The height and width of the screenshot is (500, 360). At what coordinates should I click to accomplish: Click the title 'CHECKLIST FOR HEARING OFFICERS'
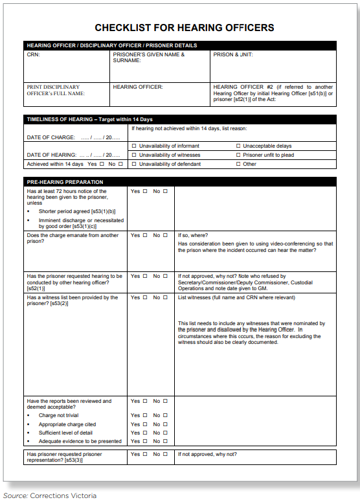click(x=185, y=28)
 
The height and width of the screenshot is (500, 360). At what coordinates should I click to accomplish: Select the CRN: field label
click(x=33, y=55)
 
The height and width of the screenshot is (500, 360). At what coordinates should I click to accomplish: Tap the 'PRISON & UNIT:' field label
click(x=233, y=55)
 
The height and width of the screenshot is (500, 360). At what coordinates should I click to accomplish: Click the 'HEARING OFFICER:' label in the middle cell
click(x=138, y=87)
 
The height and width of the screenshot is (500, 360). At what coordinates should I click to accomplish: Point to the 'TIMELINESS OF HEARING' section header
click(x=89, y=119)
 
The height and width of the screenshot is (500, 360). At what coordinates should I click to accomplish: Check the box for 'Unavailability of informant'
click(x=134, y=146)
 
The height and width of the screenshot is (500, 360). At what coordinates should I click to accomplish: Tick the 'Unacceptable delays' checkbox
click(x=238, y=146)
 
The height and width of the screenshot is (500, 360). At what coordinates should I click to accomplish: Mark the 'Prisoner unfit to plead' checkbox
click(x=238, y=155)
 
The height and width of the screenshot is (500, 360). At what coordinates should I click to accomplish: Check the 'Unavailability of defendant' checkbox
click(x=134, y=165)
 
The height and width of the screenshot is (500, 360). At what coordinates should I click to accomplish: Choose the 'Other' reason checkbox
click(x=238, y=165)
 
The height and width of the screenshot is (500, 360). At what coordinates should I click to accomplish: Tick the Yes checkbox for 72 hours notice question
click(x=145, y=191)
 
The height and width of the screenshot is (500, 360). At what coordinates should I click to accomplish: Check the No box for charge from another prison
click(x=165, y=236)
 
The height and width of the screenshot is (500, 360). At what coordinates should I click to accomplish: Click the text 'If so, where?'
click(x=192, y=236)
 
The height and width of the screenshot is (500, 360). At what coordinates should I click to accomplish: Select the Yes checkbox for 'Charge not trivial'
click(x=145, y=415)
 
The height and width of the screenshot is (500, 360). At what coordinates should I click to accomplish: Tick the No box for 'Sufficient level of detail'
click(x=165, y=433)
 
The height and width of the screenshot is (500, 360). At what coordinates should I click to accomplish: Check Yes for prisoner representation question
click(x=145, y=454)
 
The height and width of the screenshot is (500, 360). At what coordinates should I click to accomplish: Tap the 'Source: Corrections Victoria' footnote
click(x=49, y=495)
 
